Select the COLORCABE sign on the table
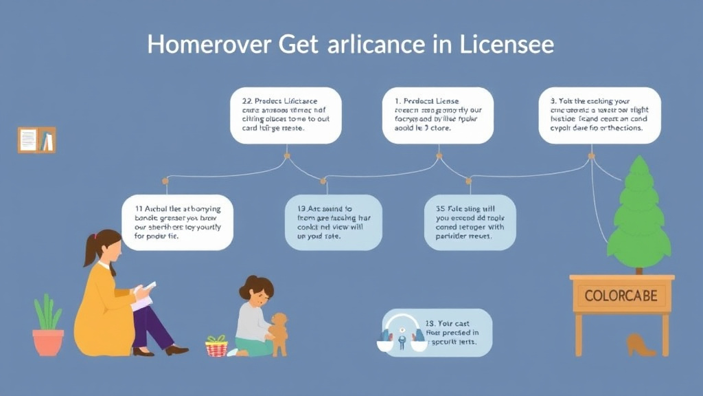click(x=621, y=296)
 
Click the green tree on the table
click(x=638, y=214)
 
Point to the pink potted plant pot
click(x=48, y=342)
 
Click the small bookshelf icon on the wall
click(x=36, y=140)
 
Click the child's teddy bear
click(x=279, y=334)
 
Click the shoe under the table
click(x=640, y=344)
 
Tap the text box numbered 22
click(x=286, y=115)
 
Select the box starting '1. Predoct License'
click(x=437, y=115)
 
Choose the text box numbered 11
click(x=177, y=222)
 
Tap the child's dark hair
click(x=256, y=287)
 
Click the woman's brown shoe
click(x=176, y=350)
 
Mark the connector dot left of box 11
click(x=165, y=181)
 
